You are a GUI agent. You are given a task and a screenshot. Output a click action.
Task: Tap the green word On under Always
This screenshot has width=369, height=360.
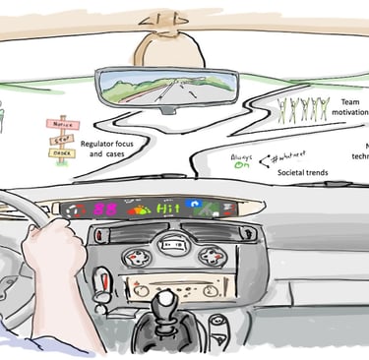click(238, 166)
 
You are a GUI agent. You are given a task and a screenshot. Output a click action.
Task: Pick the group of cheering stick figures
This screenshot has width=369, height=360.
click(304, 107)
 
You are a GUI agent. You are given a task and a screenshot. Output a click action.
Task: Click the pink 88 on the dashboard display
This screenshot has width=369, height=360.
click(107, 210)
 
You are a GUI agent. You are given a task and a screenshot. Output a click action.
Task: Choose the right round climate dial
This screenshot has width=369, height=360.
click(210, 256)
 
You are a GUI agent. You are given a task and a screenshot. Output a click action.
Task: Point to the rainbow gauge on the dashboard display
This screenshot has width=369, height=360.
click(139, 210)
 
